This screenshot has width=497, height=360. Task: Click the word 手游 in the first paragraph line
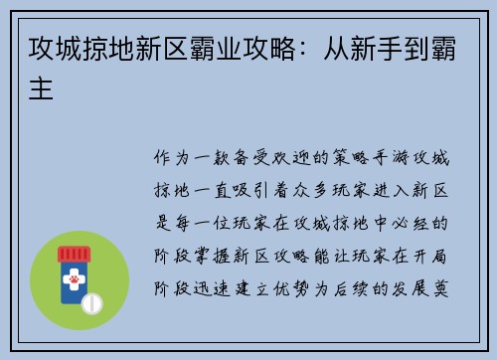tap(383, 158)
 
